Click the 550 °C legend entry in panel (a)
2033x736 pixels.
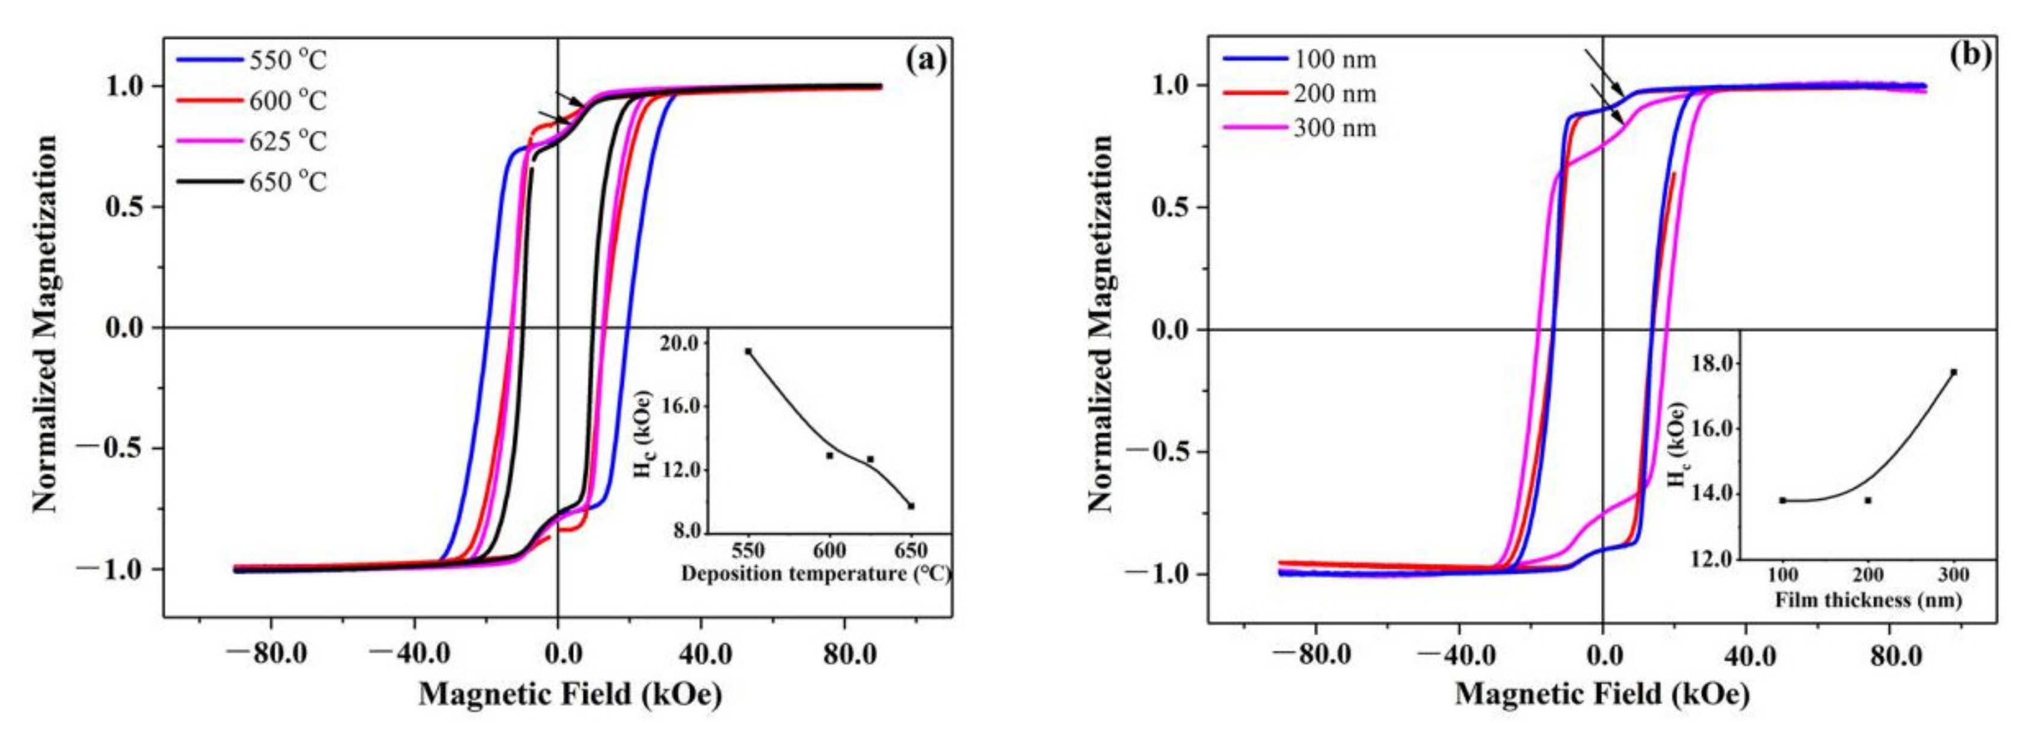(250, 60)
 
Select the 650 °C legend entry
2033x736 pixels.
(250, 182)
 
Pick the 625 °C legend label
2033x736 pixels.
(288, 142)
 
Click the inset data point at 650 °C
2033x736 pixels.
(911, 506)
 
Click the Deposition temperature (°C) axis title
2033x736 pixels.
(815, 574)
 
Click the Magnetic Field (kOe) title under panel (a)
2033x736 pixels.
(570, 694)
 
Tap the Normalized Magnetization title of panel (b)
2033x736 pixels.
(1100, 324)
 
